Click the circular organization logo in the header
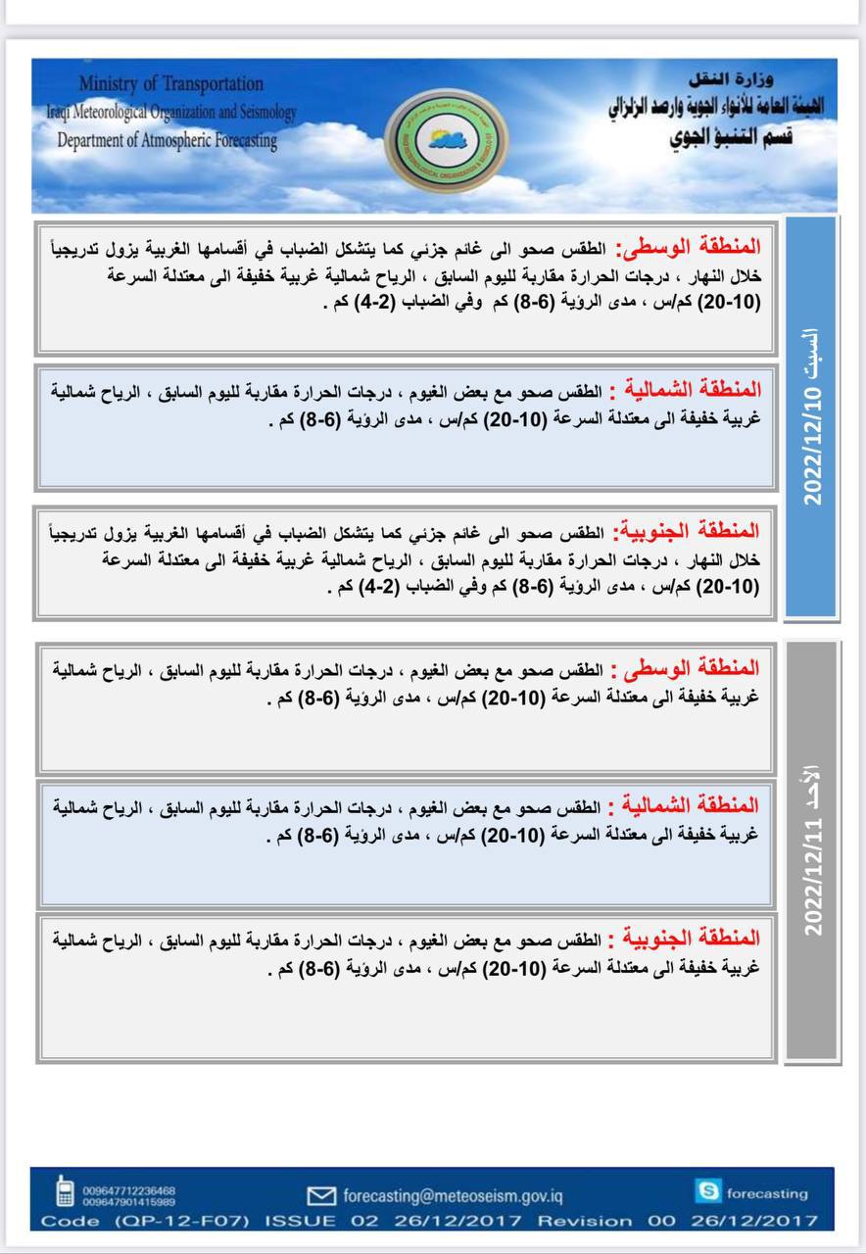pyautogui.click(x=431, y=136)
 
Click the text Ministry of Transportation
pyautogui.click(x=171, y=84)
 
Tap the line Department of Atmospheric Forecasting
pyautogui.click(x=168, y=140)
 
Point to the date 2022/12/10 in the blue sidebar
pyautogui.click(x=813, y=447)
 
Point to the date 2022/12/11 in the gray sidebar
pyautogui.click(x=813, y=868)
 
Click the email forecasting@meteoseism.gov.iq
pyautogui.click(x=454, y=1195)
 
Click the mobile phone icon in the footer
pyautogui.click(x=65, y=1190)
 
